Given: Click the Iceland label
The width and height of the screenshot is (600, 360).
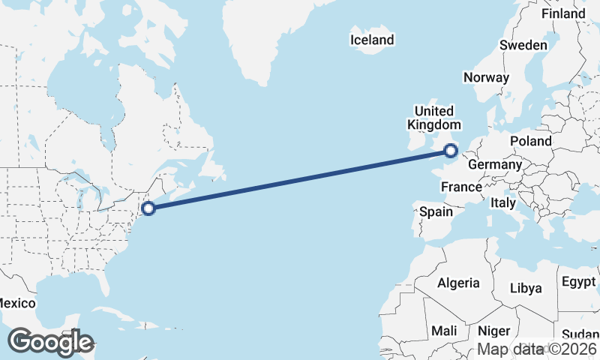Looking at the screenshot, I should pyautogui.click(x=372, y=40).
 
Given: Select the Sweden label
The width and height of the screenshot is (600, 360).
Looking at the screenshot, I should pyautogui.click(x=523, y=45).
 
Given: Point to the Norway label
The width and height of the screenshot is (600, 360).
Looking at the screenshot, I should pyautogui.click(x=486, y=77).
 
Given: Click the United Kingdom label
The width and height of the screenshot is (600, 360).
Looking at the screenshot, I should pyautogui.click(x=434, y=118).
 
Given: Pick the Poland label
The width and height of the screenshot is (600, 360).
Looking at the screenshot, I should pyautogui.click(x=531, y=141).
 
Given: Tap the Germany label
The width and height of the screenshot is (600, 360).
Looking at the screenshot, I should pyautogui.click(x=494, y=164).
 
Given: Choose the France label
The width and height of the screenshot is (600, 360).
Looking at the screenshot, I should pyautogui.click(x=461, y=187).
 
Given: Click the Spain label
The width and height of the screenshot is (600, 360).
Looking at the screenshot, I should pyautogui.click(x=436, y=211).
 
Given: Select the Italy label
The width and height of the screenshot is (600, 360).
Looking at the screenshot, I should pyautogui.click(x=503, y=202).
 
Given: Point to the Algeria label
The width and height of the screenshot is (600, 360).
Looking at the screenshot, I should pyautogui.click(x=458, y=283).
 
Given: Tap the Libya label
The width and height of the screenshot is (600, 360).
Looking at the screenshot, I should pyautogui.click(x=525, y=288).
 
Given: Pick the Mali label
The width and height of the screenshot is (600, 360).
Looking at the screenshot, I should pyautogui.click(x=444, y=331).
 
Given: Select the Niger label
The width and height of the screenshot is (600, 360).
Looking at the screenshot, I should pyautogui.click(x=494, y=331).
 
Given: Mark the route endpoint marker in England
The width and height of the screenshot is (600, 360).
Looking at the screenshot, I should pyautogui.click(x=451, y=151).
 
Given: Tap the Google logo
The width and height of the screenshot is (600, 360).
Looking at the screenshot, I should pyautogui.click(x=50, y=342).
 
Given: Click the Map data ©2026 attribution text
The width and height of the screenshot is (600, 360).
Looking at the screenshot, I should pyautogui.click(x=538, y=349).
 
